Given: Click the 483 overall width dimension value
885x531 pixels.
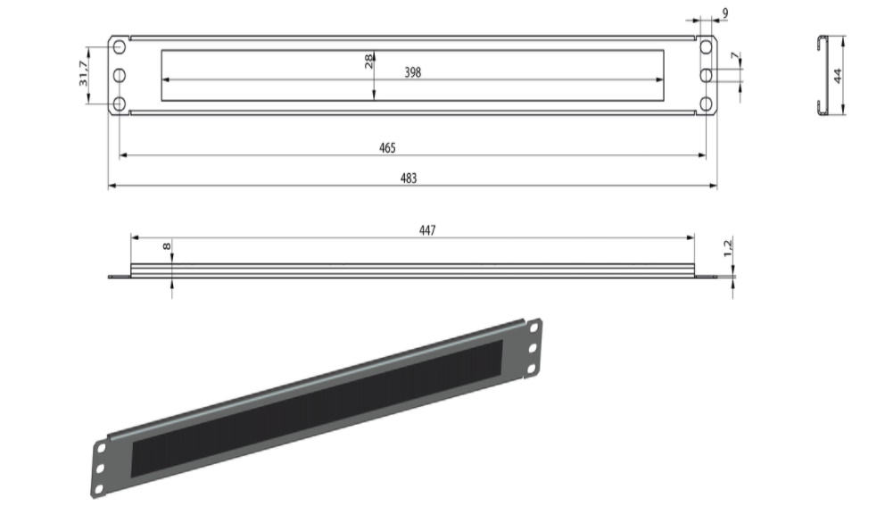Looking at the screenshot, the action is click(409, 178).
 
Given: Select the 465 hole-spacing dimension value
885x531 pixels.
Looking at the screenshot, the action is click(387, 148).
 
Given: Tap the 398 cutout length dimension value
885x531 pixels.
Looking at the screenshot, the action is click(412, 72).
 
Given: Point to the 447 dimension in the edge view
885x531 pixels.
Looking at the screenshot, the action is click(427, 230).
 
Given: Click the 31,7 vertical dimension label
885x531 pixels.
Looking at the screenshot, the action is click(84, 73).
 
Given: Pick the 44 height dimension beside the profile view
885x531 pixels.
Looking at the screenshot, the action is click(838, 75).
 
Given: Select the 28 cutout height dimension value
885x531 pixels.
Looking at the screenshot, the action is click(368, 61).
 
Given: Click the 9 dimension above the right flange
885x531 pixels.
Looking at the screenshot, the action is click(725, 12).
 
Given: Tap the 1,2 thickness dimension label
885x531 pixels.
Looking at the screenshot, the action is click(728, 248).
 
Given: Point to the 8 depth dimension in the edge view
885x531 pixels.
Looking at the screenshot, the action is click(166, 246).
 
